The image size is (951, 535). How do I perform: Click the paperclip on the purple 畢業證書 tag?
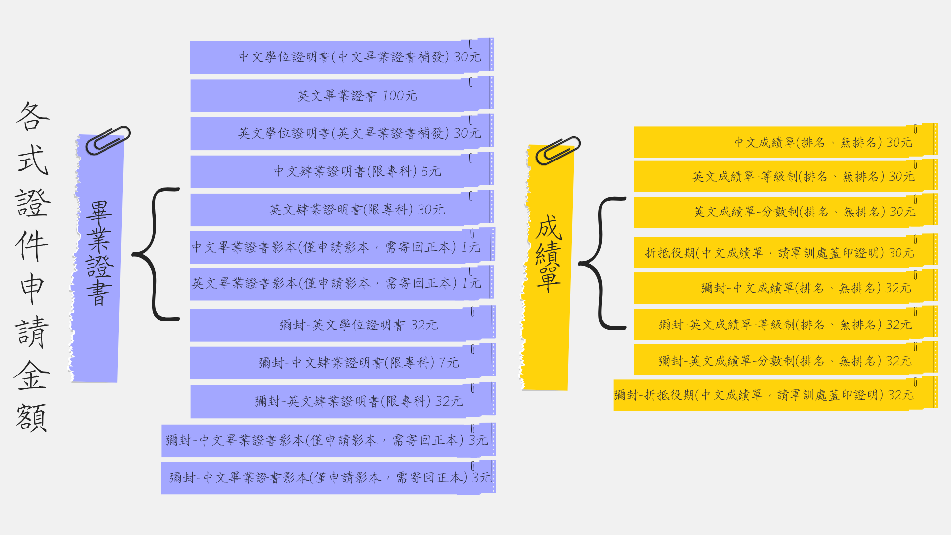click(107, 140)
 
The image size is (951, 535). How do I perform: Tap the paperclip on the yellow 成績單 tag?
click(558, 151)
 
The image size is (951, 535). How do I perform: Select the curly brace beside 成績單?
click(601, 263)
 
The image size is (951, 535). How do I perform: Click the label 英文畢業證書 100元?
click(357, 95)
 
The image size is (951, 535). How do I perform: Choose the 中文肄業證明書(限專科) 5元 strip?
click(342, 171)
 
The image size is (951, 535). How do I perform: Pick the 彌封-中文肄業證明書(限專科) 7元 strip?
click(342, 362)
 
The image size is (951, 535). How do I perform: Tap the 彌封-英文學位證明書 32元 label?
click(359, 325)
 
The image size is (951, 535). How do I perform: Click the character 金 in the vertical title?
click(32, 375)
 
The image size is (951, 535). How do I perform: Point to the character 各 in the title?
click(33, 116)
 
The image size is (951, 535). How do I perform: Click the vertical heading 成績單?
click(548, 254)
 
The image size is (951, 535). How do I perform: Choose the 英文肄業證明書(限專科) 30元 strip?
click(342, 209)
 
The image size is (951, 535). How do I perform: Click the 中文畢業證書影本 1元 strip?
click(342, 246)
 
